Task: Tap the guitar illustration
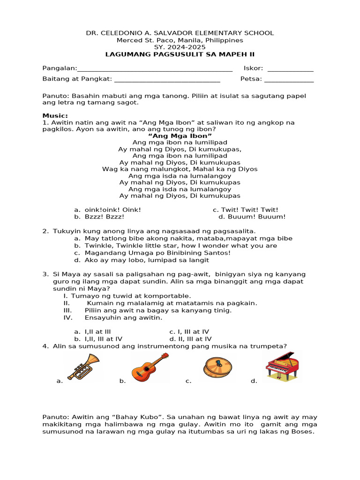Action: coord(150,367)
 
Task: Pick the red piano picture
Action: coord(282,366)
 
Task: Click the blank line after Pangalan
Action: coord(155,69)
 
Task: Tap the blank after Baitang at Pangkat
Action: coord(167,80)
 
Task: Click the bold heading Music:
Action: coord(55,115)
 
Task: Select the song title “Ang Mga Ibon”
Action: coord(180,136)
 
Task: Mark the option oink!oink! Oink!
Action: coord(107,210)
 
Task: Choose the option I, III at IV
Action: coord(189,331)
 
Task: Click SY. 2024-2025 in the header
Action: coord(180,47)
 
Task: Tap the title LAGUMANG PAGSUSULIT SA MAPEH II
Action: coord(180,54)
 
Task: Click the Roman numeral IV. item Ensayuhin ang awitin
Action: coord(123,317)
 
